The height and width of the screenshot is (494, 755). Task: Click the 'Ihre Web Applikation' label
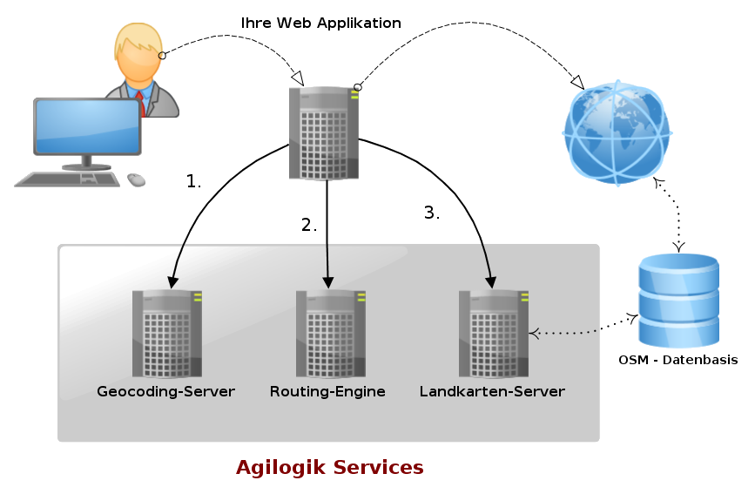(320, 24)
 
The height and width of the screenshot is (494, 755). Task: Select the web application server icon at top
(324, 133)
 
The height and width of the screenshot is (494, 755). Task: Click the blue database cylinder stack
(678, 301)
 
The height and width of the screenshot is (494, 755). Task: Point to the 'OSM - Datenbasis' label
(677, 360)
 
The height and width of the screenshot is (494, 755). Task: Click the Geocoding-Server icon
(166, 334)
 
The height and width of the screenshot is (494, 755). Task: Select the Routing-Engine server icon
(330, 334)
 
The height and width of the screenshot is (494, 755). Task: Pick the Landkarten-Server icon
(493, 334)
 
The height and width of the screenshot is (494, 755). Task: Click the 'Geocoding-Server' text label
(166, 391)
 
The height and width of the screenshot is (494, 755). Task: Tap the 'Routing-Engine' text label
(327, 391)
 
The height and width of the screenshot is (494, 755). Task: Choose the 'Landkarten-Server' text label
(492, 391)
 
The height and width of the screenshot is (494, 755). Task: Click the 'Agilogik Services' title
(329, 468)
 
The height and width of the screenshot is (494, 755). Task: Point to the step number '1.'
(193, 182)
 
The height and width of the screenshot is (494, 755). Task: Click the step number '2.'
(309, 225)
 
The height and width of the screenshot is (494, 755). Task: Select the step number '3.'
(431, 213)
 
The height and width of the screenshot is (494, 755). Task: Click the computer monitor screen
(87, 126)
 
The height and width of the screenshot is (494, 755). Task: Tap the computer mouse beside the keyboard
(136, 179)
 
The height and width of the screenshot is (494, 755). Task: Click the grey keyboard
(68, 179)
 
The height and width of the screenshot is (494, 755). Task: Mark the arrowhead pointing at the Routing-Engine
(328, 282)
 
